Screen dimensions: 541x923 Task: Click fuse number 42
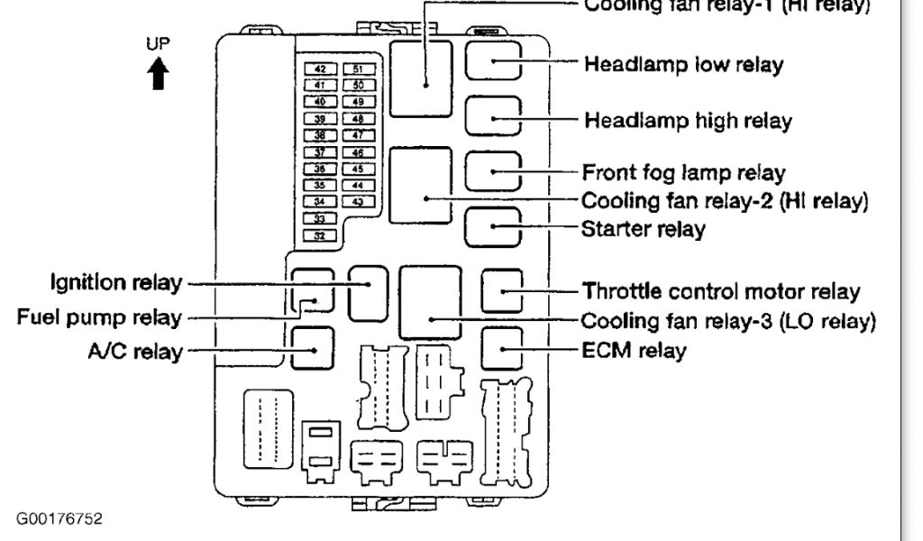(318, 68)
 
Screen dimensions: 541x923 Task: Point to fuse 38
(318, 134)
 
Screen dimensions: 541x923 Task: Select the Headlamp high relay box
(493, 118)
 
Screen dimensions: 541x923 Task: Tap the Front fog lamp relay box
(493, 171)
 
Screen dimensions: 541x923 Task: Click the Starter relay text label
(642, 229)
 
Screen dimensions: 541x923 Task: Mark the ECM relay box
(503, 349)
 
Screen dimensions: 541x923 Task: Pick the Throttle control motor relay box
(503, 290)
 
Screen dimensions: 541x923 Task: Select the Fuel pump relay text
(100, 317)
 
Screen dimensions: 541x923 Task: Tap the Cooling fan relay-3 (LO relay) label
(728, 320)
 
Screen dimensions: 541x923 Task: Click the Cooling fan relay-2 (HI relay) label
(725, 200)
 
